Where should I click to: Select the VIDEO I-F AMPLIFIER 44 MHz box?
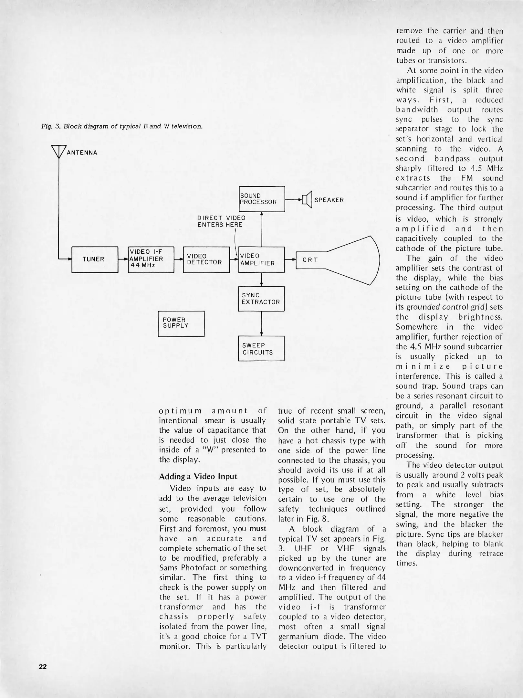pyautogui.click(x=151, y=259)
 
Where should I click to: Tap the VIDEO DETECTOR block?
pyautogui.click(x=206, y=259)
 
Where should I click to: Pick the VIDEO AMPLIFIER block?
pyautogui.click(x=261, y=259)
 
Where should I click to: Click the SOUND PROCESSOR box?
pyautogui.click(x=262, y=199)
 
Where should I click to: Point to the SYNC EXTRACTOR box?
pyautogui.click(x=261, y=299)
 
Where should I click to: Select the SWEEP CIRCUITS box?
pyautogui.click(x=261, y=348)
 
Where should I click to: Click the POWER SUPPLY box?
pyautogui.click(x=181, y=323)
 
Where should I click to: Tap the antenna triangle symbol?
pyautogui.click(x=59, y=152)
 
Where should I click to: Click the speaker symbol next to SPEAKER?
pyautogui.click(x=307, y=200)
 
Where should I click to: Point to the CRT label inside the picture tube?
pyautogui.click(x=310, y=260)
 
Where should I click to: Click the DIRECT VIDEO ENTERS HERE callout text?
pyautogui.click(x=221, y=221)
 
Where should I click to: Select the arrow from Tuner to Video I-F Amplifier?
pyautogui.click(x=123, y=259)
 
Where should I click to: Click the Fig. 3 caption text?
pyautogui.click(x=122, y=126)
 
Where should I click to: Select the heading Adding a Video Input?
pyautogui.click(x=198, y=476)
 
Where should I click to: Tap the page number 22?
pyautogui.click(x=43, y=666)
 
